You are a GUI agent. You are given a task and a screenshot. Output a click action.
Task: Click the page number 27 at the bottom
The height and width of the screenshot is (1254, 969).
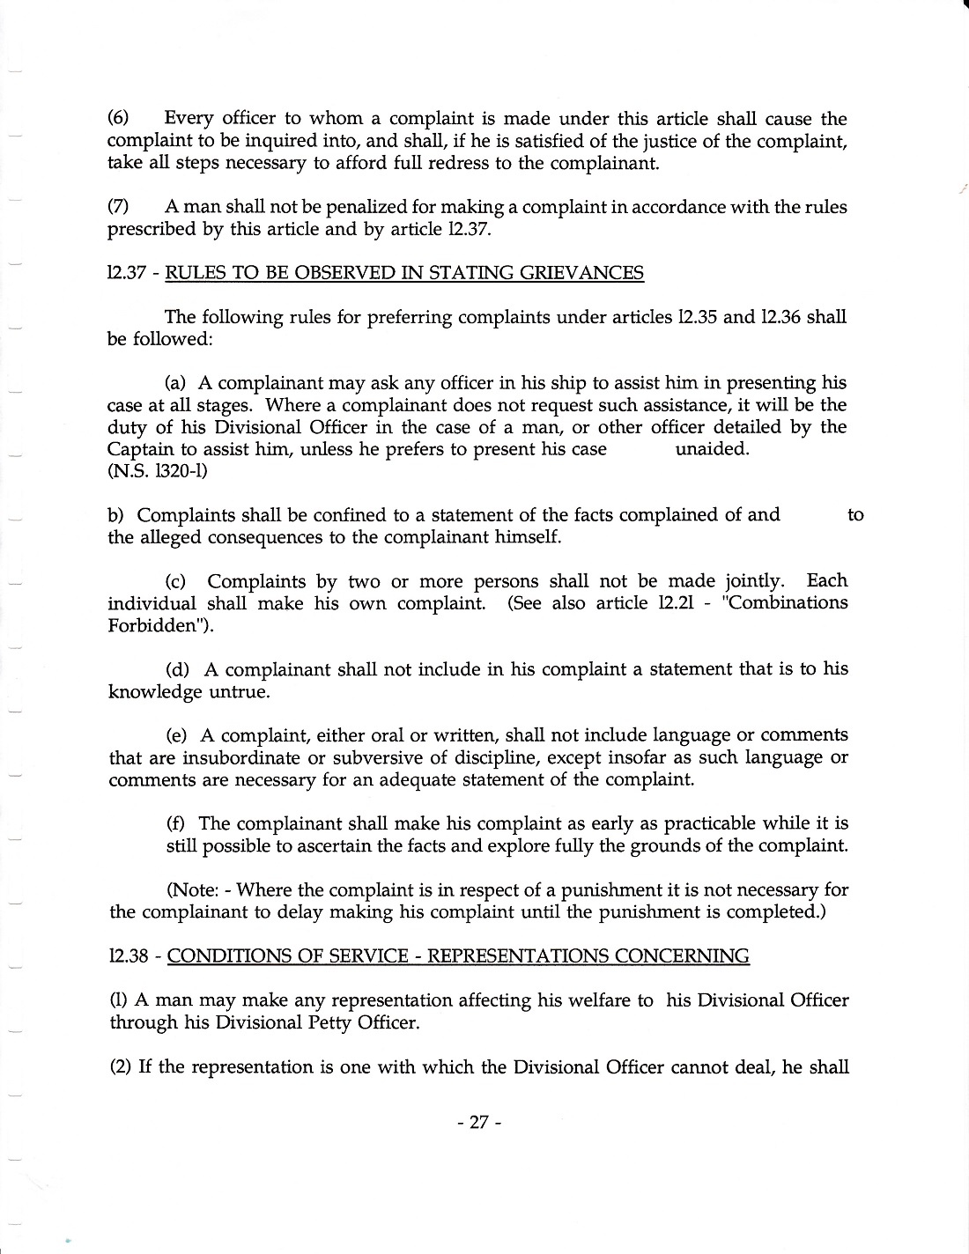(x=478, y=1123)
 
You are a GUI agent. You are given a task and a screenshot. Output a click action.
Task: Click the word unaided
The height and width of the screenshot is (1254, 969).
(x=712, y=449)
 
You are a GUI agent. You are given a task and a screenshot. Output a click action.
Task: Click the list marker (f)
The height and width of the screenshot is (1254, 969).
(x=177, y=824)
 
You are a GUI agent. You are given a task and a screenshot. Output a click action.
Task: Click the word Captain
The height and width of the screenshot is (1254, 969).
(x=139, y=449)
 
